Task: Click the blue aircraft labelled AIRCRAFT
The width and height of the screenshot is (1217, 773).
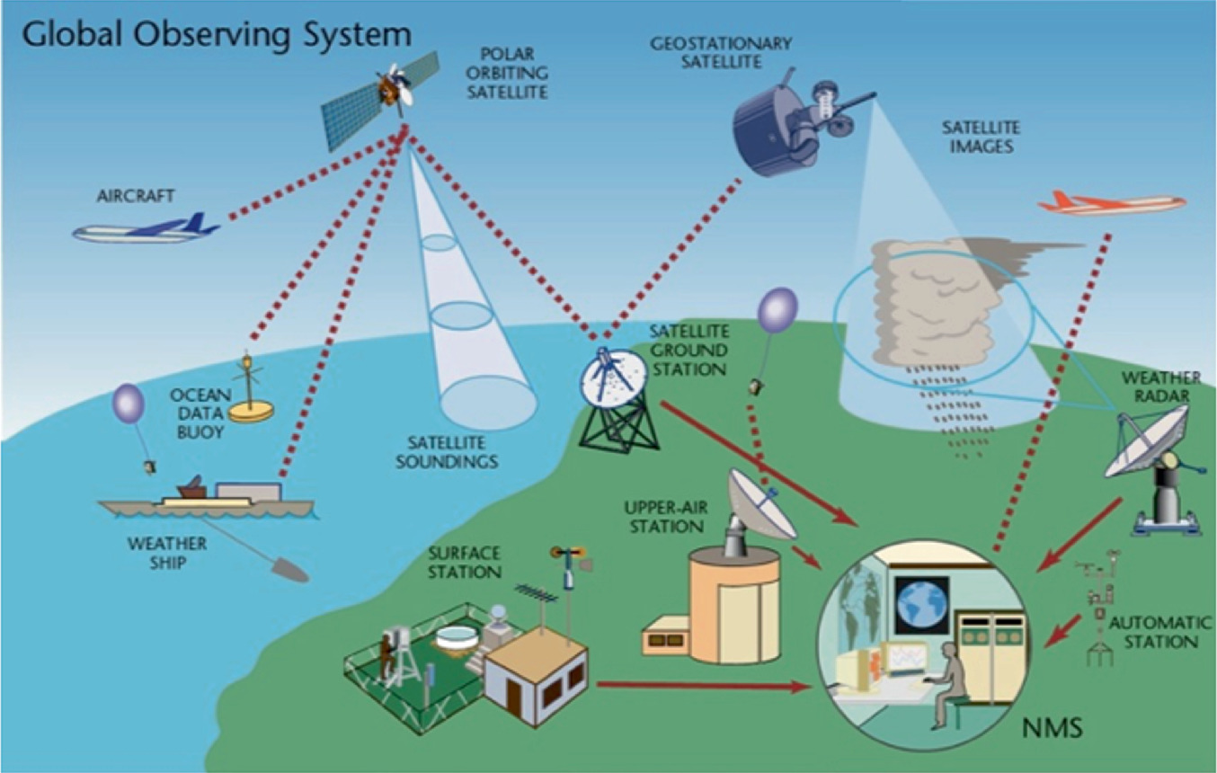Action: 144,230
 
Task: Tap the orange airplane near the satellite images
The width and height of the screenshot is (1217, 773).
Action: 1111,204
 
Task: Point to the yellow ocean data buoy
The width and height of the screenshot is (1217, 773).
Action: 251,409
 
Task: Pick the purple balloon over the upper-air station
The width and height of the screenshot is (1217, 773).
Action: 777,310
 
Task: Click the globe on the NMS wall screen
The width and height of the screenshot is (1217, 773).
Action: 921,604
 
